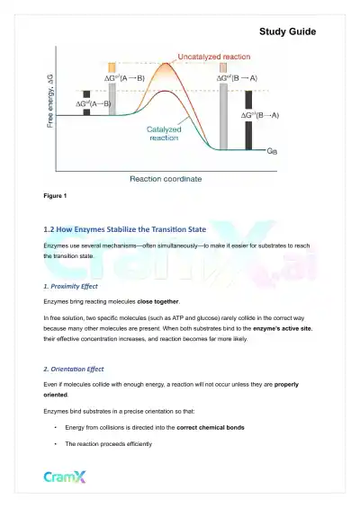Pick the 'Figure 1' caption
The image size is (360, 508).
pyautogui.click(x=55, y=196)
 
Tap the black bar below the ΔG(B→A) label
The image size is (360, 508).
pyautogui.click(x=248, y=131)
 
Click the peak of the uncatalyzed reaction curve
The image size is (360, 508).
pyautogui.click(x=166, y=66)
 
